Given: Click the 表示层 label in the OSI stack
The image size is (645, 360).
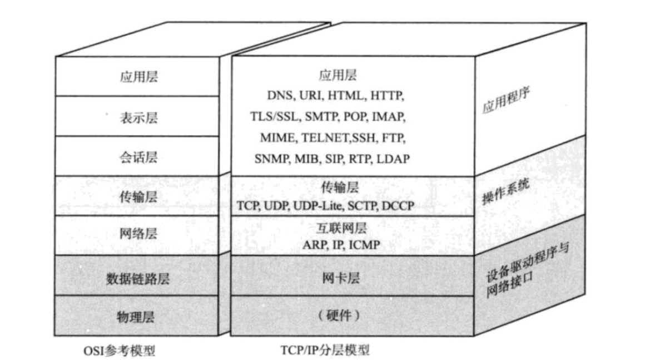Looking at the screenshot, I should coord(138,118).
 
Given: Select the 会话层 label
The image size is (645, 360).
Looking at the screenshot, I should coord(138,157).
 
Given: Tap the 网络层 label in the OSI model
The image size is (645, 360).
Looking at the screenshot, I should coord(138,234).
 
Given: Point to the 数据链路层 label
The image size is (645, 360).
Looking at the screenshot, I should coord(138,278).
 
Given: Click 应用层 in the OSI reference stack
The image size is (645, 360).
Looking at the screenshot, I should coord(138,77).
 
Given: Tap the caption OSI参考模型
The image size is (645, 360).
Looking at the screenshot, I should coord(118,351).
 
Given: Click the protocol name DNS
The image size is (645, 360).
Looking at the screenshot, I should coord(280,96).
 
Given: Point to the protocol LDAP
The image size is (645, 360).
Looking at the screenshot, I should coord(393,159).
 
